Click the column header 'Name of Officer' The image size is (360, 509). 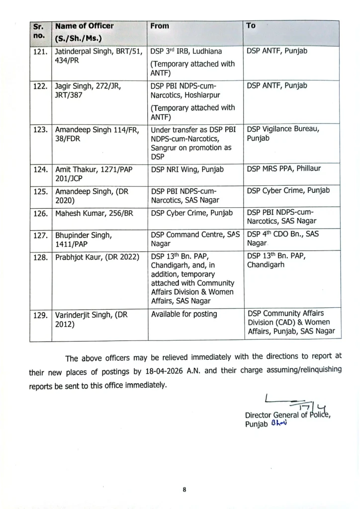coord(84,26)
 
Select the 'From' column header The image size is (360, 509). coord(160,26)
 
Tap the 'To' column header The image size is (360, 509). coord(251,25)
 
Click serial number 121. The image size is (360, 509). coord(40,51)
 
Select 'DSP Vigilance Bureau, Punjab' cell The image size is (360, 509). coord(283,133)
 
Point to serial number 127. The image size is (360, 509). coord(40,235)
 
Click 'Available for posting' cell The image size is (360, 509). coord(184,314)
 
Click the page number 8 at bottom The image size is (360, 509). coord(184,490)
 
